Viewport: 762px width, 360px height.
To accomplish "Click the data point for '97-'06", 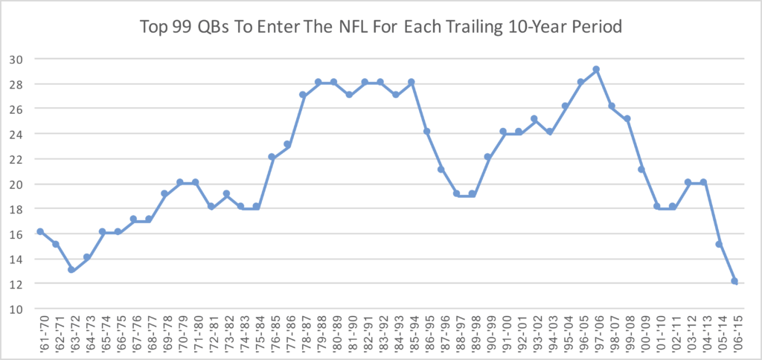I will tap(595, 69).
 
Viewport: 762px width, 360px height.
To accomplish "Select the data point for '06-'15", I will tap(734, 281).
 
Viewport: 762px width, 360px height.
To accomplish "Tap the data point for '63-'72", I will tap(71, 269).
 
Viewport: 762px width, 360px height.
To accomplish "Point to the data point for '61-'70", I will tap(40, 231).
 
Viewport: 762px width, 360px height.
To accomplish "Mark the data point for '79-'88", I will tap(318, 82).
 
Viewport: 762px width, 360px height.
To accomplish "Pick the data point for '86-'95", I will tap(426, 131).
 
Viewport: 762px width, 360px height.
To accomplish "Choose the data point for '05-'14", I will tap(719, 244).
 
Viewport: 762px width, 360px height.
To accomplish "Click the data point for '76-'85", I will tap(272, 156).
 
